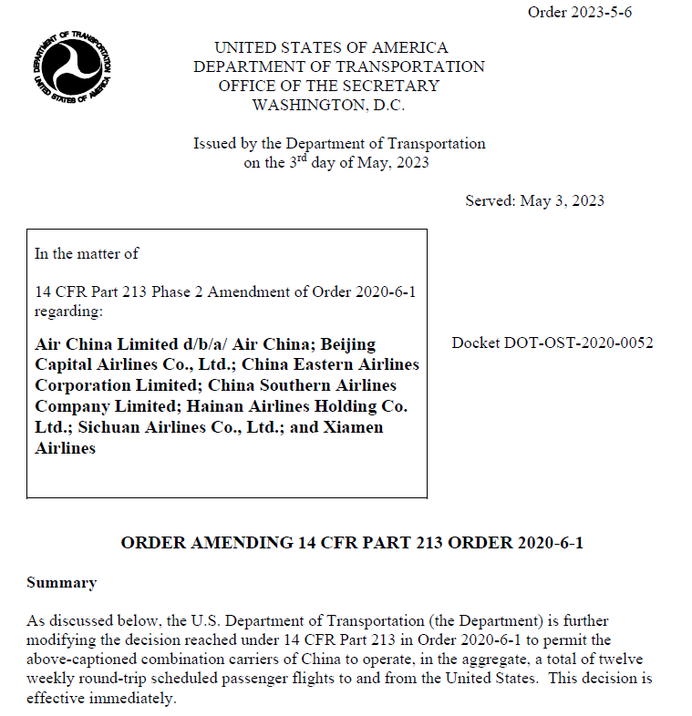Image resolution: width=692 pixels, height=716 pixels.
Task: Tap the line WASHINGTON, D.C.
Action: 328,105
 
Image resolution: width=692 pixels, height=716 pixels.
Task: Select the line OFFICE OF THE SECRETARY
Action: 328,86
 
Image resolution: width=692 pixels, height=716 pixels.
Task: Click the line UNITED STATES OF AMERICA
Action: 331,47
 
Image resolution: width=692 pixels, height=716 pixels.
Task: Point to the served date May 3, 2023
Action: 561,200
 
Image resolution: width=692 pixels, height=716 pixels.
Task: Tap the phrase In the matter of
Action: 87,253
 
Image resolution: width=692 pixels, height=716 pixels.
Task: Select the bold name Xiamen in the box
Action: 349,427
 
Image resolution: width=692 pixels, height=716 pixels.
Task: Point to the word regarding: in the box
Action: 68,311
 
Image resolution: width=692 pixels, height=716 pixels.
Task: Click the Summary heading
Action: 61,582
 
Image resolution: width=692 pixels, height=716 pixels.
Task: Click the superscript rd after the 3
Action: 309,158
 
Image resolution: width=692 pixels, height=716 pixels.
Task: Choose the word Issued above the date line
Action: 214,143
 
